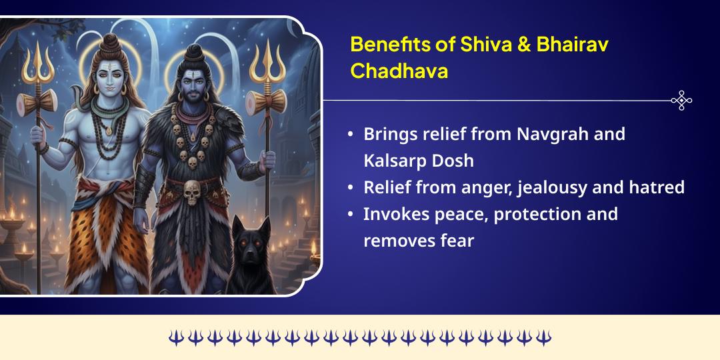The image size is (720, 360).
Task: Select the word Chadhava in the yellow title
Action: pos(399,71)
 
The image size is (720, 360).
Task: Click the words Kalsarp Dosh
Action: pos(418,161)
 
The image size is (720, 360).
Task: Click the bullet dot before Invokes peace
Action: pos(351,215)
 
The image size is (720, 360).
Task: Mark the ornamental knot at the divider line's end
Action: pos(681,101)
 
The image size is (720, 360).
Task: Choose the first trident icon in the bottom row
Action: pos(175,337)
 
